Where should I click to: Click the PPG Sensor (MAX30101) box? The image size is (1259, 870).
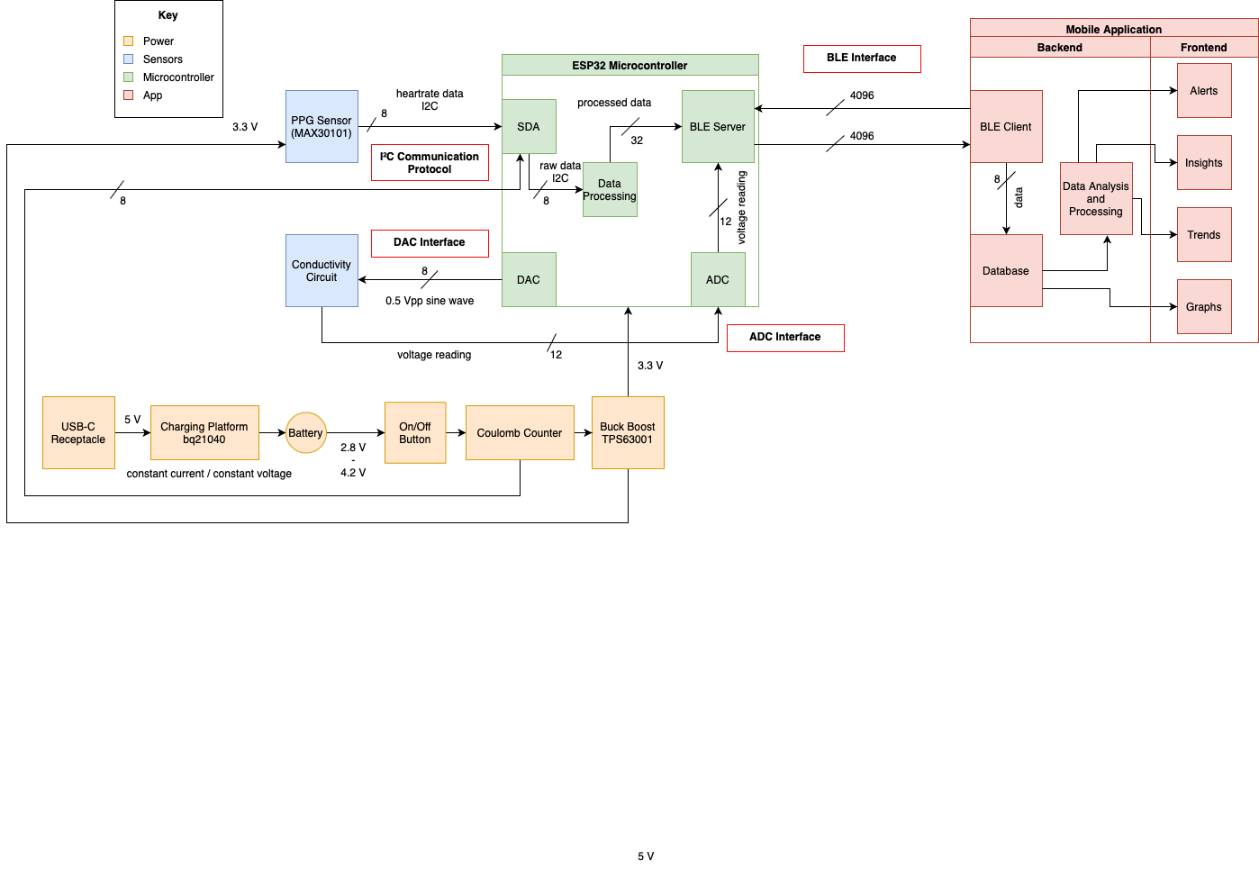click(x=322, y=126)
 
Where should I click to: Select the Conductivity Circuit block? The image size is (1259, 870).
click(x=322, y=270)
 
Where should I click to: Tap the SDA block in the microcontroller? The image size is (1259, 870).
click(x=529, y=126)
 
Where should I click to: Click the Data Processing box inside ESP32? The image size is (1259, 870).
click(x=610, y=189)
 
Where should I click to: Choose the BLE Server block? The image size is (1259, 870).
click(x=718, y=126)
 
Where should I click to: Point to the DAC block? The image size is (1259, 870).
click(x=529, y=279)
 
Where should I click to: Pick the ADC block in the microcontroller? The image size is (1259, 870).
click(x=718, y=279)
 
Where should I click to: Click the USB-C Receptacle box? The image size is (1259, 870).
click(x=78, y=432)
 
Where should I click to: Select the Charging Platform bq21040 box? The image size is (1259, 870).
click(x=204, y=432)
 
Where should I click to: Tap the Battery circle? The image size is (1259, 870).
click(x=305, y=433)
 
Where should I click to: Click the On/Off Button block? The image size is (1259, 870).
click(x=415, y=432)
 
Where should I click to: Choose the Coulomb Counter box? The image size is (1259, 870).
click(x=520, y=432)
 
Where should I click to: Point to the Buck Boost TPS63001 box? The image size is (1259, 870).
click(x=628, y=432)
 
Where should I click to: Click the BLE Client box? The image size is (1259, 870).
click(x=1006, y=126)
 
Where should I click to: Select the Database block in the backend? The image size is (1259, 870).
click(x=1006, y=270)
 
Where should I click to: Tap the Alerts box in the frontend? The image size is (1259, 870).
click(x=1204, y=90)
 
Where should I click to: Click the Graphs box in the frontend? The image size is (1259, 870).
click(x=1204, y=306)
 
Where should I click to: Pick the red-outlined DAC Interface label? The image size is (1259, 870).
click(x=430, y=242)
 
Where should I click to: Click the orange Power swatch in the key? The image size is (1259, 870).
click(x=128, y=41)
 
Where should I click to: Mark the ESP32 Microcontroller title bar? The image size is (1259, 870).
click(x=629, y=65)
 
